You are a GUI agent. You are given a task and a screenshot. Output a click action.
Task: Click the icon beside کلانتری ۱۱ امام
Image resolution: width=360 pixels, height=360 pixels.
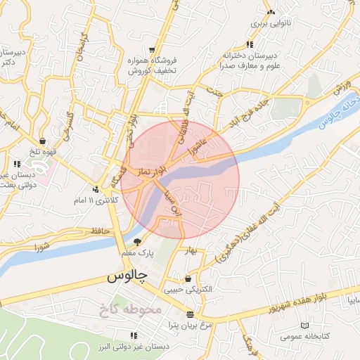95,188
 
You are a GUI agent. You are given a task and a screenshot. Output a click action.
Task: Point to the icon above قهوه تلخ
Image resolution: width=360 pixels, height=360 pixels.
44,140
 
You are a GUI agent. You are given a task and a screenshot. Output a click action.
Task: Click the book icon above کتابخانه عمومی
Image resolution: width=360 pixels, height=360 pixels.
304,326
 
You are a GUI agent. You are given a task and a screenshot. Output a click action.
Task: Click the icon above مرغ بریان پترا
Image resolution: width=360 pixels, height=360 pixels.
190,314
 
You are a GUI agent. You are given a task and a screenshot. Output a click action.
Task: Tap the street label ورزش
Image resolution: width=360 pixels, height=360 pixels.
342,89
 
